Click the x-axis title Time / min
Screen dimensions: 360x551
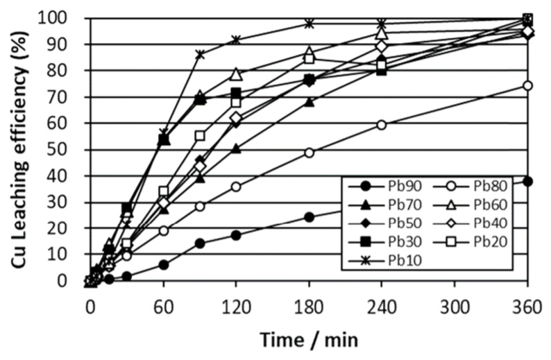click(x=309, y=341)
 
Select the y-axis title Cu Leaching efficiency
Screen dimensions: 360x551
click(x=21, y=149)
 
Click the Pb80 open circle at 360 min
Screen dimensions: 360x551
click(x=527, y=85)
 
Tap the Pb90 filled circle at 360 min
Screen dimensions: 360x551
click(x=527, y=180)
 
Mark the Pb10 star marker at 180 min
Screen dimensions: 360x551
click(x=309, y=23)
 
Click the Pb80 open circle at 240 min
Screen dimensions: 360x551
click(x=382, y=125)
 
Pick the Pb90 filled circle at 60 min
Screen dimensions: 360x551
click(x=163, y=264)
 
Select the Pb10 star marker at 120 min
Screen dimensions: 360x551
click(x=236, y=39)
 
